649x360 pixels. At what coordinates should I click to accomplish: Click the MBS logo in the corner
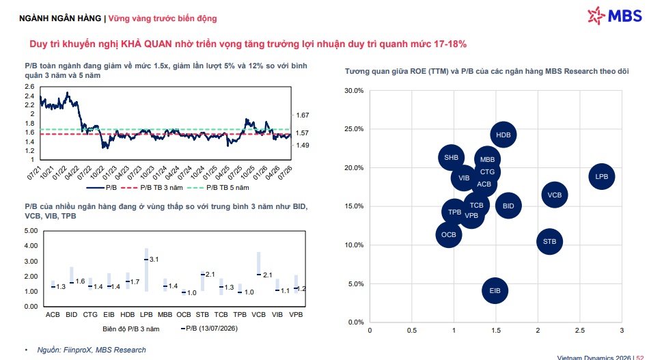click(615, 16)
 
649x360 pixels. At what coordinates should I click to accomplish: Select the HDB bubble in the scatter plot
click(503, 135)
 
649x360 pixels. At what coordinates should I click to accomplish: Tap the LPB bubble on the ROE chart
click(601, 177)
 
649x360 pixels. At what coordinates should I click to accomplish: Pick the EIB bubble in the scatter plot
click(495, 290)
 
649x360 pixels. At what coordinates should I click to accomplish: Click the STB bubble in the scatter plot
click(550, 242)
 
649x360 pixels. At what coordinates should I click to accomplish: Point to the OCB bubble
click(449, 234)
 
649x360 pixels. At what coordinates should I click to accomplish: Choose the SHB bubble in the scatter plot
click(451, 158)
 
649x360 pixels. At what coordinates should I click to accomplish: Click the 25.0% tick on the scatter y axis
click(354, 129)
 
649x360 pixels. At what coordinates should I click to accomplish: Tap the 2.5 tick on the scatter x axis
click(580, 330)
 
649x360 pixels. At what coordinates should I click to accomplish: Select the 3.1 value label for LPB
click(154, 260)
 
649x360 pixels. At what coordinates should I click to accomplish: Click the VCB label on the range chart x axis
click(259, 314)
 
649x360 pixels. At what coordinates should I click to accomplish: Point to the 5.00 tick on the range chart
click(31, 230)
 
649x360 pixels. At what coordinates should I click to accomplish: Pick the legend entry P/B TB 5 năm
click(218, 187)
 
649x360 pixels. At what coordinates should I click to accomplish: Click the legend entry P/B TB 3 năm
click(152, 187)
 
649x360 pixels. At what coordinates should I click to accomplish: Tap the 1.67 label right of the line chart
click(303, 115)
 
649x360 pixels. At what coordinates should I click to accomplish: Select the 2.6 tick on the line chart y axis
click(29, 87)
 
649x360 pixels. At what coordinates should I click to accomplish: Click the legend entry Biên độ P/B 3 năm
click(130, 329)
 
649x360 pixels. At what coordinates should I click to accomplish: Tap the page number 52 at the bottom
click(640, 357)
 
